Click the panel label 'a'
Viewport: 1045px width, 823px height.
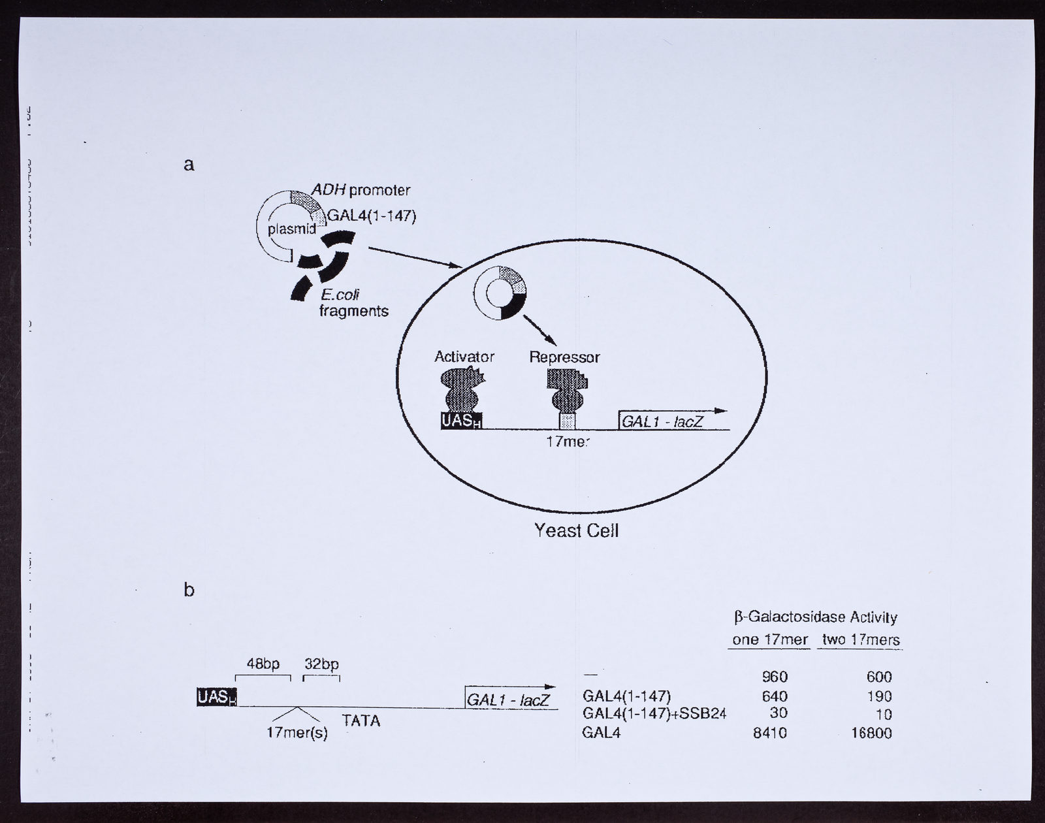189,165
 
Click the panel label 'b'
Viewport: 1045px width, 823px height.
189,589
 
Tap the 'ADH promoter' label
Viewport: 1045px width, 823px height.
361,190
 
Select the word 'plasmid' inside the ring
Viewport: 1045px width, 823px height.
292,229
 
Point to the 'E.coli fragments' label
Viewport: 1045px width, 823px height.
354,302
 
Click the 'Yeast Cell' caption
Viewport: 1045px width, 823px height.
577,530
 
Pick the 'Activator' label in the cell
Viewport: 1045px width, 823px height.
464,357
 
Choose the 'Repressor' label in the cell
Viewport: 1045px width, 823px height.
564,357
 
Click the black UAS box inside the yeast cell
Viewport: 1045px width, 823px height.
461,420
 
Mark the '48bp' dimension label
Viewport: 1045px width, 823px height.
263,664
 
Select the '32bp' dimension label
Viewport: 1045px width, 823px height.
321,664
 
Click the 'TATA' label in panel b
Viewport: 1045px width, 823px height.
361,720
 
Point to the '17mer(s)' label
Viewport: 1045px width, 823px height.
297,733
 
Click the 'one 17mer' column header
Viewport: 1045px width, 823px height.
769,639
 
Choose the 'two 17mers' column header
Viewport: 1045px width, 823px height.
861,639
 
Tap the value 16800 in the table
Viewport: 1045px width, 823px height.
872,733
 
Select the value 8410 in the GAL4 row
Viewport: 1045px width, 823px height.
770,733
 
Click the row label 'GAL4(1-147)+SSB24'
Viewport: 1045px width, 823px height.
654,714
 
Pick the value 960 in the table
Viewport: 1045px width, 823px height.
775,677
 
